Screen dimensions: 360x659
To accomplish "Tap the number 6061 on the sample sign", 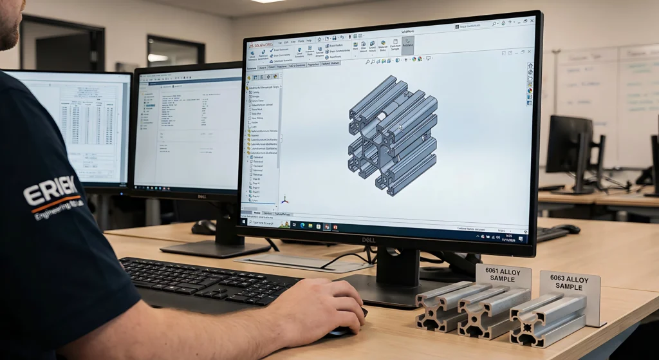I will click(x=493, y=270).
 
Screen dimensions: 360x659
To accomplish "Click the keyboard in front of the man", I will click(x=206, y=281).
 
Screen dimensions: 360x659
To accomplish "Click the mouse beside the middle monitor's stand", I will click(x=204, y=227).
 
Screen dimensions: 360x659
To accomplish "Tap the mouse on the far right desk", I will click(x=566, y=229).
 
